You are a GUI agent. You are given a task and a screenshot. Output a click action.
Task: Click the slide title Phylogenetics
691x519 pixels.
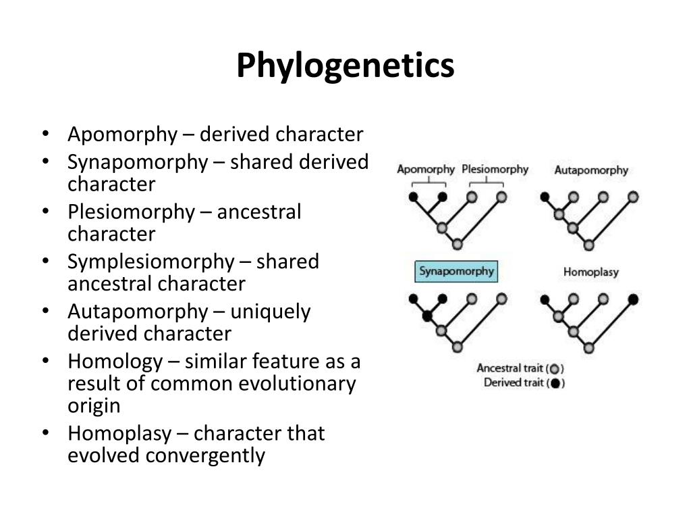point(345,66)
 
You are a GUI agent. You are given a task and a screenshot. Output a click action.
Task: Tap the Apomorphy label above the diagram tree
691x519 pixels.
point(425,169)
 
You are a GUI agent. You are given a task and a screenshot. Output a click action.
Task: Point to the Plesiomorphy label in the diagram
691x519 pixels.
point(495,169)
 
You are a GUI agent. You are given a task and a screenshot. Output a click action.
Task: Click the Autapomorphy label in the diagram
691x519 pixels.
point(591,170)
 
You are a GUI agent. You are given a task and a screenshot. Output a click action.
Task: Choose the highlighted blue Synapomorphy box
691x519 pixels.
point(456,272)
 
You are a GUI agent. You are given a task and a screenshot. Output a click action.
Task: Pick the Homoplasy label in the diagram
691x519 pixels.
point(590,272)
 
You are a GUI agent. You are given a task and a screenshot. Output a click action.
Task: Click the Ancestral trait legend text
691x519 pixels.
point(510,368)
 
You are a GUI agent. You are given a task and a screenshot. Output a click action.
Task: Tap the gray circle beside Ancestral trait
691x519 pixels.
point(555,369)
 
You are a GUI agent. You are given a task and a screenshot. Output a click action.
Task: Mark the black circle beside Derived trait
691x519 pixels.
point(555,384)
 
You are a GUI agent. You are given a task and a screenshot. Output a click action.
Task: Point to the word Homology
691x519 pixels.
point(115,362)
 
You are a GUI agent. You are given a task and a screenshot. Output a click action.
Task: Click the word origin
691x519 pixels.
point(94,405)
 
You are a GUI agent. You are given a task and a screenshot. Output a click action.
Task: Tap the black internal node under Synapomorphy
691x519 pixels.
point(427,316)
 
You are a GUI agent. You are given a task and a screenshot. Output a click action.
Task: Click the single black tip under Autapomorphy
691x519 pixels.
point(545,197)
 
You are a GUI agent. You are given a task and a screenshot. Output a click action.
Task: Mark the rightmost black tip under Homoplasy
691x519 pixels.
point(633,299)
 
